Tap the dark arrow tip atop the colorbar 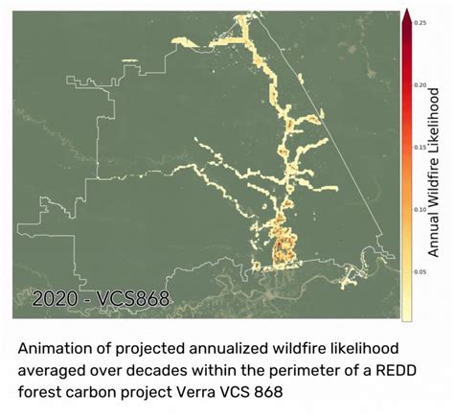coord(406,12)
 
